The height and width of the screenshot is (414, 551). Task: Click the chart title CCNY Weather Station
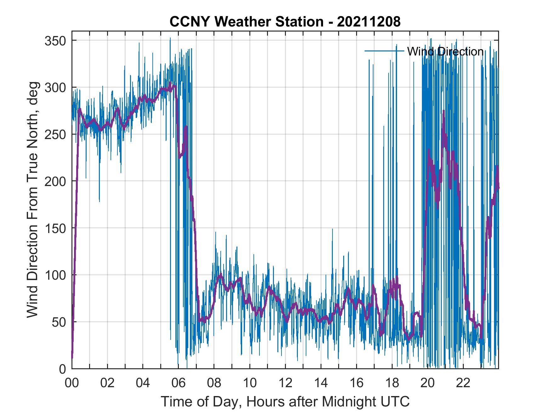pos(247,22)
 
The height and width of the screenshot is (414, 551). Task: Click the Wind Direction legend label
pos(445,51)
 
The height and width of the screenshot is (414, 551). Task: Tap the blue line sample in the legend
pos(384,51)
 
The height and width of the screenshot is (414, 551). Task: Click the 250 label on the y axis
pos(55,134)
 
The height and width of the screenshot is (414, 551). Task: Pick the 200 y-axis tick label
pos(55,181)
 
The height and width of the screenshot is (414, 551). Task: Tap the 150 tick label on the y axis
pos(55,228)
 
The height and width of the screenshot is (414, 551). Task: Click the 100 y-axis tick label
pos(55,275)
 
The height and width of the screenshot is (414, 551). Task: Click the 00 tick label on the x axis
pos(72,383)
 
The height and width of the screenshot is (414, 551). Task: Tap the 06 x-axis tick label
pos(179,383)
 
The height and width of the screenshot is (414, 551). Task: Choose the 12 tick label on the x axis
pos(285,383)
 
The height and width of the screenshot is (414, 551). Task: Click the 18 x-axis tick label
pos(392,383)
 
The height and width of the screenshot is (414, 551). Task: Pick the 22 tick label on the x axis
pos(463,383)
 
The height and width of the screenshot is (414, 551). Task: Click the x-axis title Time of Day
pos(285,402)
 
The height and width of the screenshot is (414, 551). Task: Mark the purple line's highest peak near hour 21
pos(444,111)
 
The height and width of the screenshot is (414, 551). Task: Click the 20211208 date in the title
pos(369,22)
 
